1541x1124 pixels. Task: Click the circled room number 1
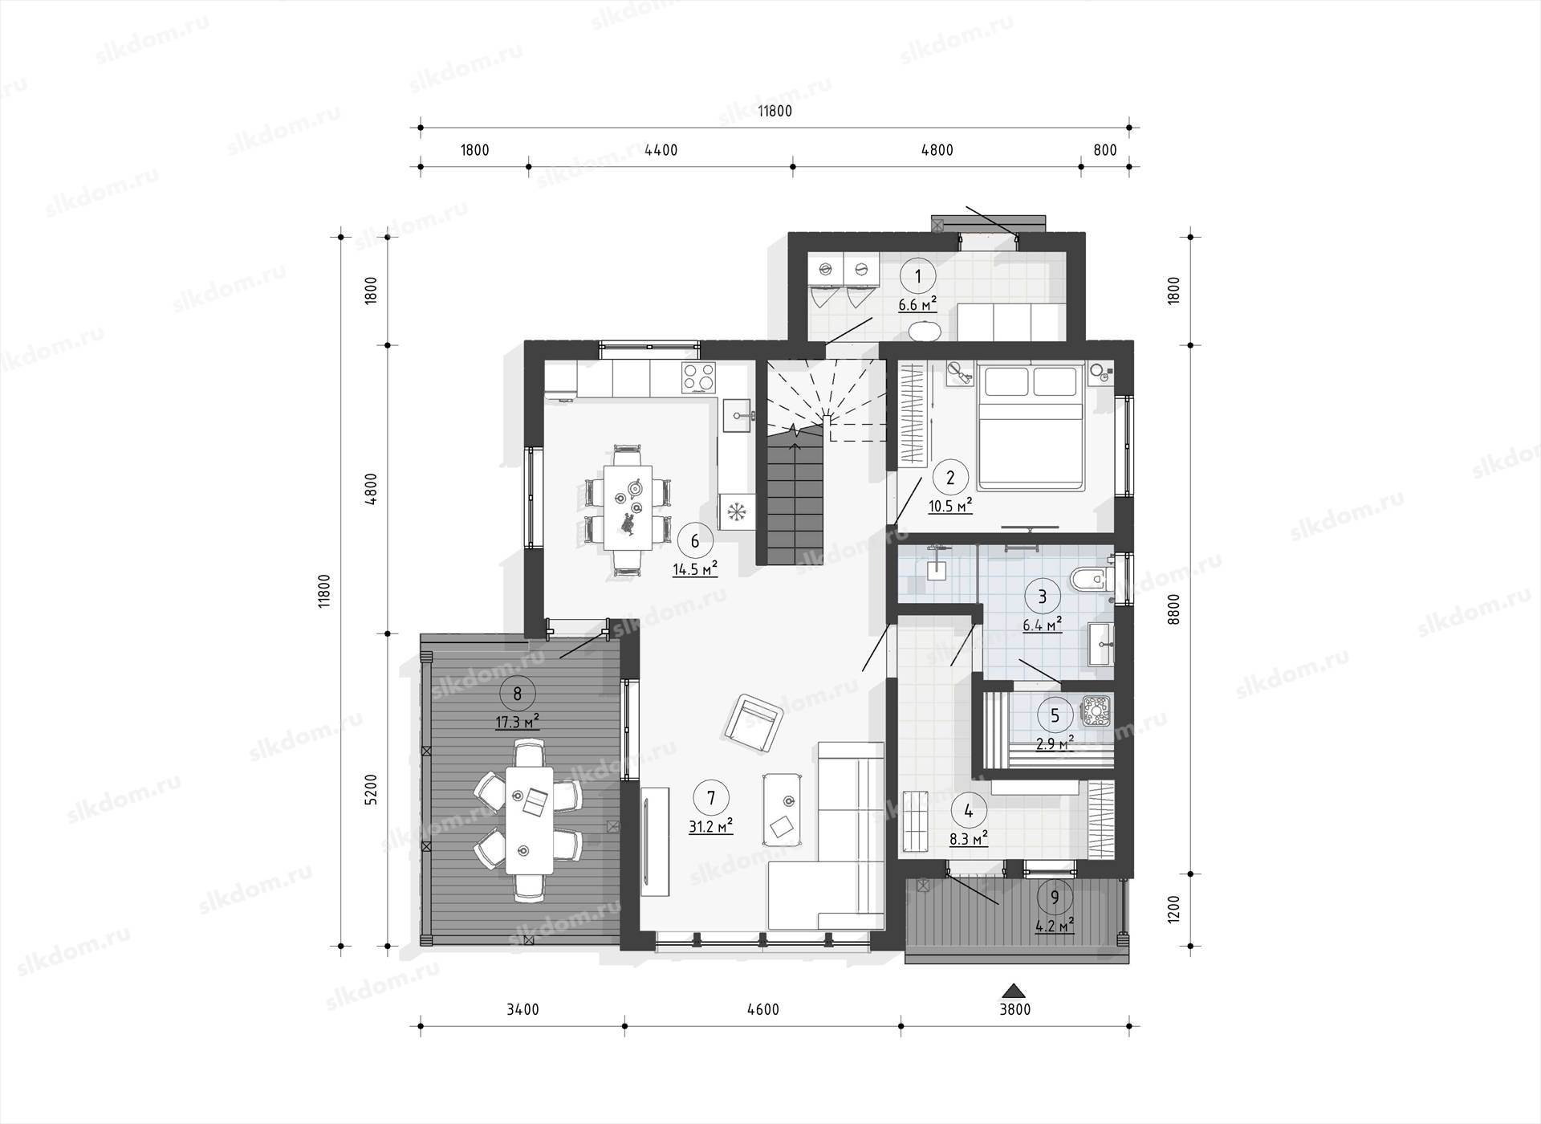(919, 276)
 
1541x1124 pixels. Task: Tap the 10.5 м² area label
(951, 506)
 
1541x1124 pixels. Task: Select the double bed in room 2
(1029, 426)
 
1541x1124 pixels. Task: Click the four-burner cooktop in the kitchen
(698, 378)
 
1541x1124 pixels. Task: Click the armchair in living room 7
(753, 723)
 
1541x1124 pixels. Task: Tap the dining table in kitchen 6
(628, 507)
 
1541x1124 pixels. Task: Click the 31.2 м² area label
(711, 826)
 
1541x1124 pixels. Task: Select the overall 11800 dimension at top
(775, 112)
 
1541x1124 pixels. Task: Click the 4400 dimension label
(661, 150)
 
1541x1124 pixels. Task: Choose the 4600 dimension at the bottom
(762, 1010)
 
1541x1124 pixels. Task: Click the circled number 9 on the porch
(1055, 898)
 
